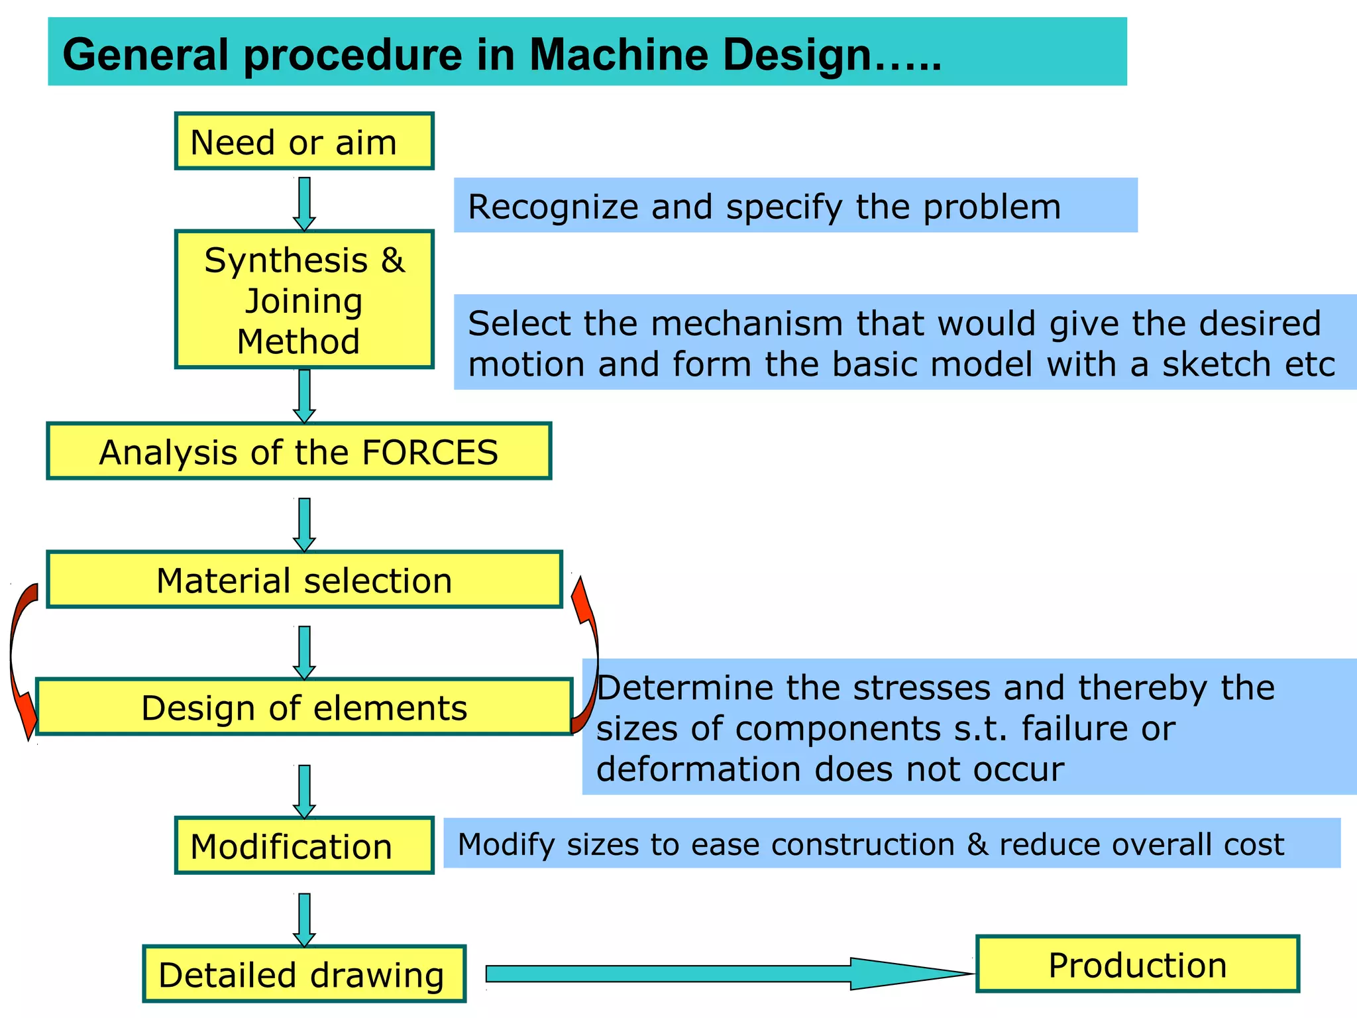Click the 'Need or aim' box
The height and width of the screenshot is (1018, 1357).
[x=304, y=141]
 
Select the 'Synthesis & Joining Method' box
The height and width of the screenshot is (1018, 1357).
[x=304, y=300]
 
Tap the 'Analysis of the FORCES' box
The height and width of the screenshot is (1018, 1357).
[x=299, y=451]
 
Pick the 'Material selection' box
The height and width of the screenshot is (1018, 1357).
[x=304, y=580]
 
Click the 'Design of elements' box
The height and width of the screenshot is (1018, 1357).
[x=304, y=707]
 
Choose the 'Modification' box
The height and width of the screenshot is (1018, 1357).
[x=304, y=846]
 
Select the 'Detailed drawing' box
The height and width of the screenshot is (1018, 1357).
[x=304, y=974]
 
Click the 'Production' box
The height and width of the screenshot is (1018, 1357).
[x=1137, y=964]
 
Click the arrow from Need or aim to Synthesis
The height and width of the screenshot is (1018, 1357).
[x=304, y=202]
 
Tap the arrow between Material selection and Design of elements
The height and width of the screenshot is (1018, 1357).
[x=304, y=651]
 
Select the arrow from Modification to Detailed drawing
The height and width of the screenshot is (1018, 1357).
[x=304, y=919]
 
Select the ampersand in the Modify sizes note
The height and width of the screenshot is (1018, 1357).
[x=977, y=844]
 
